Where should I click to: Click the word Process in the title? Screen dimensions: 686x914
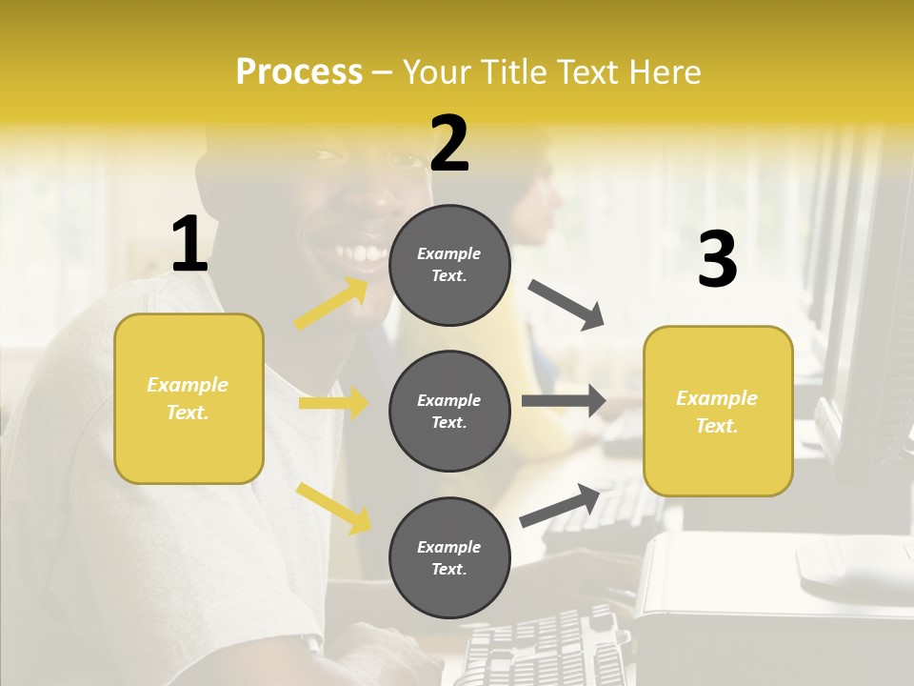click(299, 72)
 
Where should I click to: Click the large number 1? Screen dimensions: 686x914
click(189, 245)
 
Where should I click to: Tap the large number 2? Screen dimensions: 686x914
click(449, 144)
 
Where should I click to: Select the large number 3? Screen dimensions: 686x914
click(717, 259)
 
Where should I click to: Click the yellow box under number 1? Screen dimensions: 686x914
click(189, 398)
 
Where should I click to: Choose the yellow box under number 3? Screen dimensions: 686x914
click(718, 411)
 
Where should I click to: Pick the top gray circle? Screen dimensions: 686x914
click(449, 265)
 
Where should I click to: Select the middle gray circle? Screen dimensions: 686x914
click(449, 411)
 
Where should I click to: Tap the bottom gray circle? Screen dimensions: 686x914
click(449, 557)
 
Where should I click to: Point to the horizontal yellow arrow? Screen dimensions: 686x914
click(334, 403)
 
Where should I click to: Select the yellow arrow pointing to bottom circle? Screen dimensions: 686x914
click(334, 508)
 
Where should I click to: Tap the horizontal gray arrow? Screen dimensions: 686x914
click(564, 401)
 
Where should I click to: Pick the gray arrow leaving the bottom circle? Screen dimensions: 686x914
click(561, 505)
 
